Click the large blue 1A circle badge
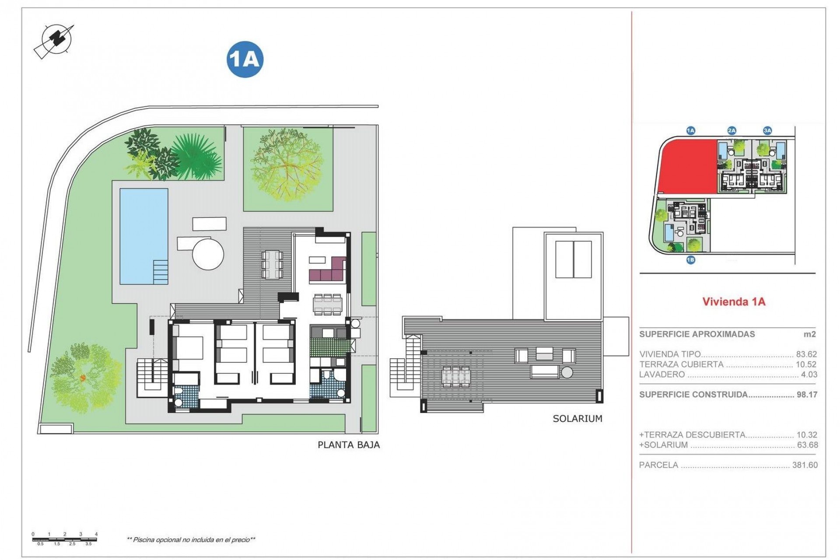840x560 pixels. pyautogui.click(x=245, y=59)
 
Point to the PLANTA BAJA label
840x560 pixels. pyautogui.click(x=348, y=445)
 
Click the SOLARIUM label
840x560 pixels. pyautogui.click(x=577, y=419)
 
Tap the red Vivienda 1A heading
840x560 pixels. pyautogui.click(x=734, y=301)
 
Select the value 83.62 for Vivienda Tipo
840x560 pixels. pyautogui.click(x=806, y=354)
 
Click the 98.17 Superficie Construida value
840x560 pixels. pyautogui.click(x=807, y=395)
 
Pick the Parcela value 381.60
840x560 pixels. pyautogui.click(x=805, y=465)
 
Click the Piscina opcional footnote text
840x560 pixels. pyautogui.click(x=191, y=540)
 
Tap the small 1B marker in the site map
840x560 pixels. pyautogui.click(x=690, y=260)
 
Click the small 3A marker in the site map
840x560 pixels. pyautogui.click(x=767, y=130)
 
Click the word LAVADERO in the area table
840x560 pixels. pyautogui.click(x=662, y=374)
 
